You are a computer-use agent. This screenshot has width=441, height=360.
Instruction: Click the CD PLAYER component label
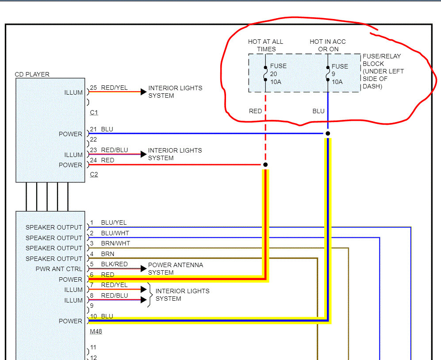point(32,74)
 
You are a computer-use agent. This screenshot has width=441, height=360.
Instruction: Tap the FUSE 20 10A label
point(278,74)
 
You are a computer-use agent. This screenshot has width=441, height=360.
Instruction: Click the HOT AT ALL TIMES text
point(265,45)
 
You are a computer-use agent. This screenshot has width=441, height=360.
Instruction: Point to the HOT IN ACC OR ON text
point(328,45)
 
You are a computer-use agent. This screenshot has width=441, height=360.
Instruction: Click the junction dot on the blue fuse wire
point(328,133)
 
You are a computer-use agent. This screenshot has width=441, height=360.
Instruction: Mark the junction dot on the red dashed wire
point(265,165)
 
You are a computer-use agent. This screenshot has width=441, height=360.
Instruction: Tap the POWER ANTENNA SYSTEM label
point(176,268)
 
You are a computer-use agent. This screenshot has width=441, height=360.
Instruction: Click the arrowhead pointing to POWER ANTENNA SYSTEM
point(143,268)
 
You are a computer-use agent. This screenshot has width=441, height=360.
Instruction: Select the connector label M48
point(96,331)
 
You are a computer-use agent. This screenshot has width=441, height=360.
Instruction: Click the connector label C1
point(94,112)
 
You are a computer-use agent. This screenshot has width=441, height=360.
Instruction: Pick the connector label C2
point(94,174)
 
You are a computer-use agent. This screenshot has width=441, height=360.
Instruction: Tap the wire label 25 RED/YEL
point(109,88)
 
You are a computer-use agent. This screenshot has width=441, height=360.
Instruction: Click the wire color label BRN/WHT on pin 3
point(115,243)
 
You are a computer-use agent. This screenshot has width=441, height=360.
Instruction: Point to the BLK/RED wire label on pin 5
point(114,264)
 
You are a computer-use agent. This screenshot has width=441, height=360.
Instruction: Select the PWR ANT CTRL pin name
point(59,269)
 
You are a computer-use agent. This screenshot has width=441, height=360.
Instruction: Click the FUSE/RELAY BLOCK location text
point(383,71)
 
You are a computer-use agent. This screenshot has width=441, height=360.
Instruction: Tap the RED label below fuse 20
point(255,111)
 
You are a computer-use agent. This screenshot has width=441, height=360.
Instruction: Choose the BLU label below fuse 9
point(318,111)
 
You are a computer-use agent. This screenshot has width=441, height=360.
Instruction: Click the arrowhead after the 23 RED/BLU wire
point(143,154)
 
